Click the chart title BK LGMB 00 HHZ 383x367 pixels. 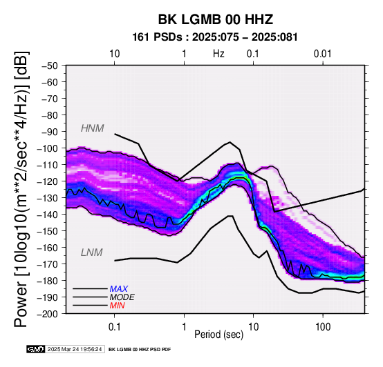[x=216, y=19]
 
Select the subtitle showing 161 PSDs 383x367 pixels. [x=215, y=37]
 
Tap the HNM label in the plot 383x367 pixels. [x=93, y=128]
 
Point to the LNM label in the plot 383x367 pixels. [x=91, y=252]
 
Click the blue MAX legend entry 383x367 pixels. [x=119, y=289]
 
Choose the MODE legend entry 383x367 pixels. [x=122, y=297]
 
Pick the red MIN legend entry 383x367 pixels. [x=118, y=306]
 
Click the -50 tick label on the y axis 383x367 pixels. [x=50, y=66]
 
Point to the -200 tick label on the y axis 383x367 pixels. [x=48, y=314]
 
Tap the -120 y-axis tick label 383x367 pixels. [x=48, y=181]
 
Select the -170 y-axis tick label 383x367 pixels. [x=48, y=264]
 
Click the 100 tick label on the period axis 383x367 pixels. [x=323, y=327]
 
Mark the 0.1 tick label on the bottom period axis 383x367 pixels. [x=114, y=327]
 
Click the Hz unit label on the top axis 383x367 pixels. [x=218, y=54]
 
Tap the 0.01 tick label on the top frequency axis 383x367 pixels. [x=323, y=54]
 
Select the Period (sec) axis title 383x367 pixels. [x=219, y=335]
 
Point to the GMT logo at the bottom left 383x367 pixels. [x=36, y=349]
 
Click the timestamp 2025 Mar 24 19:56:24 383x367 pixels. [x=75, y=349]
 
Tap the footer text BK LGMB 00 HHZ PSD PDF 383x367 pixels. [x=140, y=350]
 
